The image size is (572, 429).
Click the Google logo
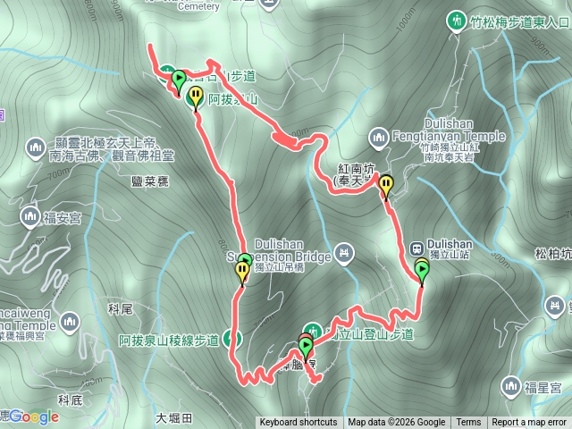pos(34,416)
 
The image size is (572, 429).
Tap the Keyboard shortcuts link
pos(299,423)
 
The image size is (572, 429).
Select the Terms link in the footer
pos(468,423)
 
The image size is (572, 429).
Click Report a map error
pos(529,423)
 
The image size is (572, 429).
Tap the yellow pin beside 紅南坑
pos(386,186)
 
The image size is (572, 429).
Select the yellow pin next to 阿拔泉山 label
pos(196,97)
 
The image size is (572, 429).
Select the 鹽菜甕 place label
pos(149,181)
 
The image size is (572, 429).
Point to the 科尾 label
pos(120,308)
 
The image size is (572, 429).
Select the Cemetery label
pos(198,6)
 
